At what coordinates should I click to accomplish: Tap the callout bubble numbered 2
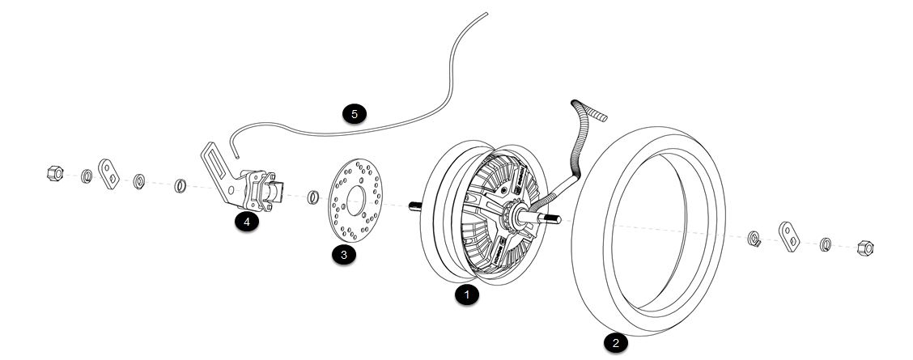tap(615, 343)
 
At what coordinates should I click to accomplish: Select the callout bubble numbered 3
tap(342, 255)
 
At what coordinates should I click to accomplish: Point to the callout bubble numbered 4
tap(247, 221)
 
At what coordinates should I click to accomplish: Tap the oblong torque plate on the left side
tap(109, 171)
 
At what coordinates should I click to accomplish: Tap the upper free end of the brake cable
tap(486, 14)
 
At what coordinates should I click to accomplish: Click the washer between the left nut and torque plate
tap(86, 176)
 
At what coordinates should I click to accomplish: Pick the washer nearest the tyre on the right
tap(753, 236)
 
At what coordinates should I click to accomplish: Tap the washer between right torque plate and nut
tap(826, 243)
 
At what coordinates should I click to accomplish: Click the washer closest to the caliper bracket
tap(180, 186)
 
